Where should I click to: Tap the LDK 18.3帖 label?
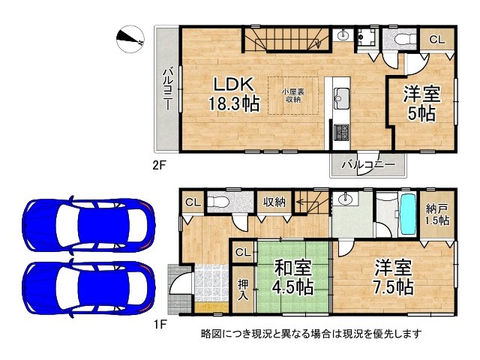coord(234,94)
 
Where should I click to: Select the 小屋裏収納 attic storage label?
coord(292,94)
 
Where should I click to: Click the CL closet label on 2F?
coord(436,40)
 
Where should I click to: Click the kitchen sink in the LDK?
coord(341,96)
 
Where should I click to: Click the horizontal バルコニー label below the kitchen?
coord(369,163)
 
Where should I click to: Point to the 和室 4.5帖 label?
coord(292,277)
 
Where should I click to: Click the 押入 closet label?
coord(244,289)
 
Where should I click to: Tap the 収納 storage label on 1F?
coord(274,201)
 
